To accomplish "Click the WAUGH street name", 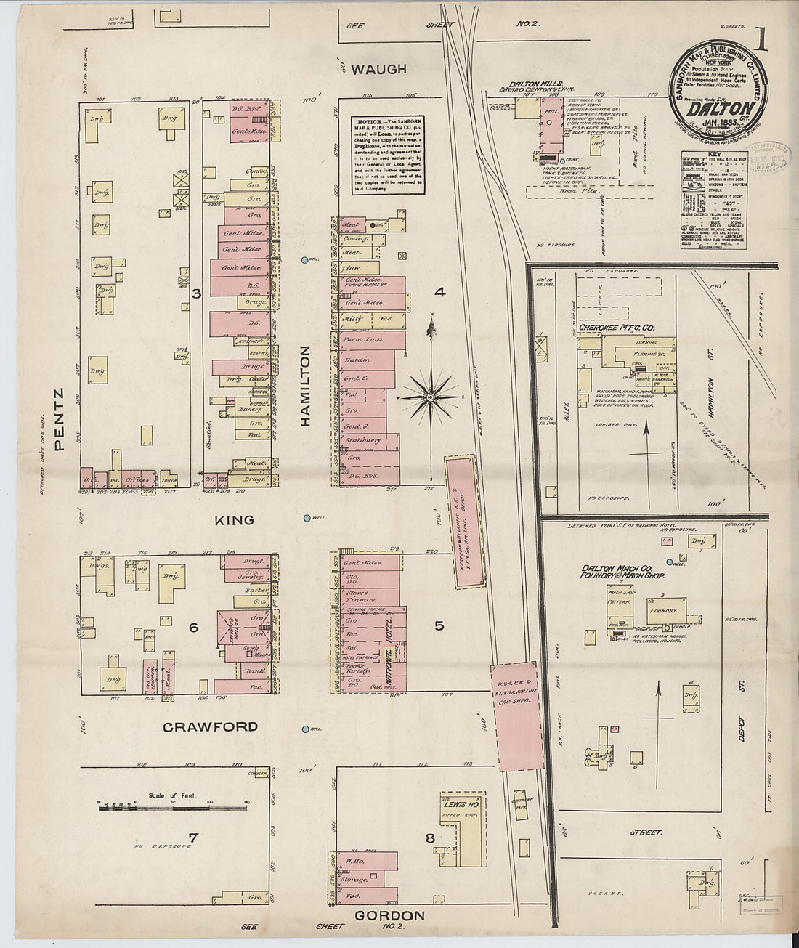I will tap(379, 69).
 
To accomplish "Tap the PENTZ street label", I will tap(61, 420).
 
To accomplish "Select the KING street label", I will tap(234, 520).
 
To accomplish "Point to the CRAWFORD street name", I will tap(210, 726).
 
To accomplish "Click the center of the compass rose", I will tap(431, 397).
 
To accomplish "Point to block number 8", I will tap(430, 838).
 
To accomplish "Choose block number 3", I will tap(196, 293).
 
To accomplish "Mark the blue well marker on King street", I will tap(307, 518).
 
